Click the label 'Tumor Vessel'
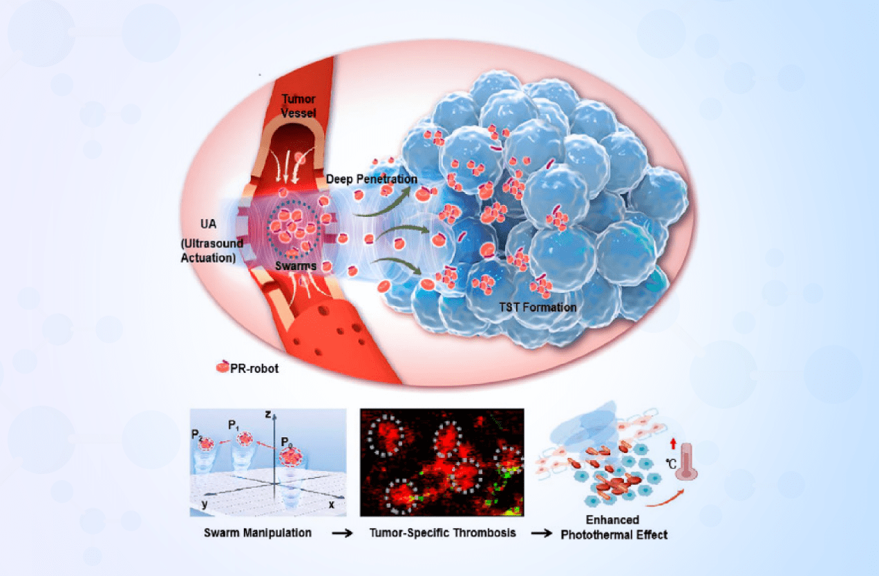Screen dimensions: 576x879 click(299, 106)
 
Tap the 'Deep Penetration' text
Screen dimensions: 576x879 click(372, 179)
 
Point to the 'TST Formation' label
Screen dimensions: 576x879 click(538, 307)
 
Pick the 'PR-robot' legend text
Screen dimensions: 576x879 click(254, 368)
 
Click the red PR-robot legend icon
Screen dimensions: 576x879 click(222, 367)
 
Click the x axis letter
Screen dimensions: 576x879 click(332, 504)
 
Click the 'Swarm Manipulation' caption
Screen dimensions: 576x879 click(257, 533)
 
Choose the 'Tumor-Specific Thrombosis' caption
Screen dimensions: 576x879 click(442, 533)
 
